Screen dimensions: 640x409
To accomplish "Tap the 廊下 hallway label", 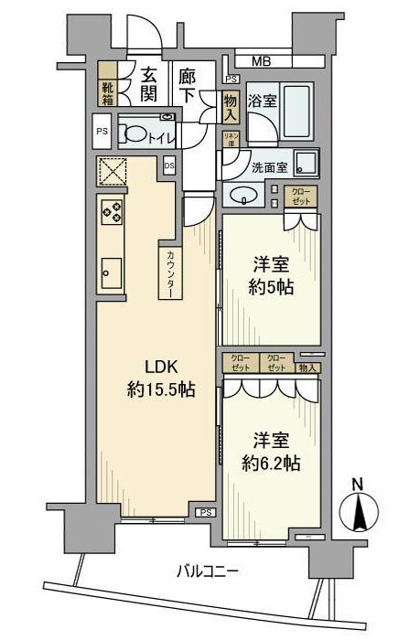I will click(187, 81).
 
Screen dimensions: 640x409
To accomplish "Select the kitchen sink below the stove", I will click(112, 271).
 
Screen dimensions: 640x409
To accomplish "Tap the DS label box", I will click(169, 166).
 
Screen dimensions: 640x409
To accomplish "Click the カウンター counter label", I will click(170, 272).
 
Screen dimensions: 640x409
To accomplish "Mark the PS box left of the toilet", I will click(102, 131).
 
